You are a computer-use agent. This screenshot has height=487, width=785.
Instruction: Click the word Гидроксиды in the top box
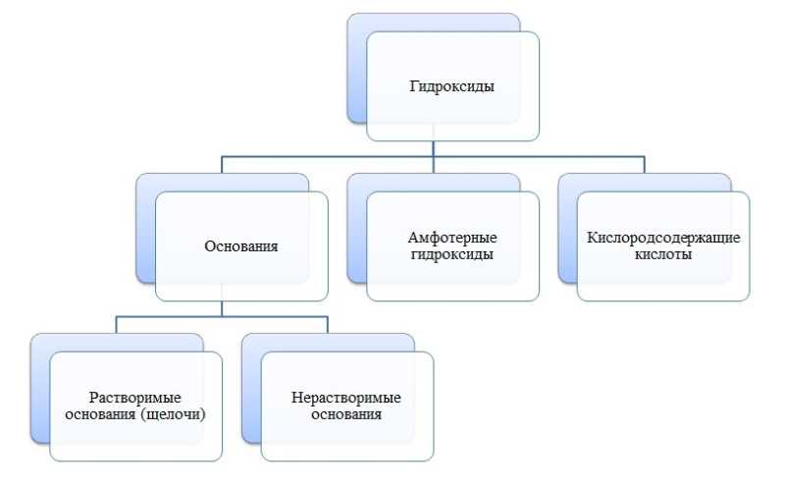tap(452, 86)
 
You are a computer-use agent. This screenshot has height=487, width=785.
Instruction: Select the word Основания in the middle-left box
tap(241, 246)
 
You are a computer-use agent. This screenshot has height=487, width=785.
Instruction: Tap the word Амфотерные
tap(452, 237)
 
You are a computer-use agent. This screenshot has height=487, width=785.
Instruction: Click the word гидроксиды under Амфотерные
tap(452, 254)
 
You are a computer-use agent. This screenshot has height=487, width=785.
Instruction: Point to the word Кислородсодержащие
tap(663, 238)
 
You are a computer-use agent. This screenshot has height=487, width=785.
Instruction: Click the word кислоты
tap(663, 254)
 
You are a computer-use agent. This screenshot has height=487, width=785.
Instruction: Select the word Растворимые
tap(135, 398)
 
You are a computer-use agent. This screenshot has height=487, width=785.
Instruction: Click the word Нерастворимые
tap(346, 398)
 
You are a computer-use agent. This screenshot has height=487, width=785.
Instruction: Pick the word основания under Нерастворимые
tap(346, 414)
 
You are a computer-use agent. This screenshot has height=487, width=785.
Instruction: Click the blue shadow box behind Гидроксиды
tap(356, 68)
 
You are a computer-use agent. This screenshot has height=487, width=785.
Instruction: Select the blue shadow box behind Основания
tap(145, 229)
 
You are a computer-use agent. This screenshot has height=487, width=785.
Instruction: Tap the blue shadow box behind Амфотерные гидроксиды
tap(356, 229)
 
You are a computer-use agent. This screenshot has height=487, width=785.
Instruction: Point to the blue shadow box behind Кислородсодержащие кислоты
tap(568, 229)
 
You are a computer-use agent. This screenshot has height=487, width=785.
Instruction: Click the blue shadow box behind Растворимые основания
tap(40, 389)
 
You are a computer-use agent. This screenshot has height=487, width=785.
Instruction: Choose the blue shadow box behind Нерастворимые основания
tap(251, 389)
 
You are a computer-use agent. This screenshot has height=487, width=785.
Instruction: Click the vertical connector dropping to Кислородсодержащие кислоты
tap(645, 165)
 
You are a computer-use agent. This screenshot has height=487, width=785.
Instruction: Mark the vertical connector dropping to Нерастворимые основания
tap(328, 325)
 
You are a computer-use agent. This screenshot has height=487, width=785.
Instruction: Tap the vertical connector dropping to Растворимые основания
tap(116, 325)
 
